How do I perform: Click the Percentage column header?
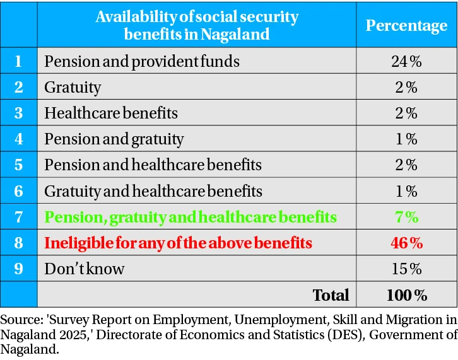click(x=406, y=25)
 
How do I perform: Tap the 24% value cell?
click(x=406, y=61)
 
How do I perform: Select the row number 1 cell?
click(x=18, y=61)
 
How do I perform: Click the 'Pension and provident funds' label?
click(x=142, y=61)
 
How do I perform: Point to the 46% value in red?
click(x=406, y=242)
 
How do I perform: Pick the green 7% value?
click(x=406, y=217)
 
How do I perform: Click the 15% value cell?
click(x=406, y=269)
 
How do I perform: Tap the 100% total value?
click(x=406, y=294)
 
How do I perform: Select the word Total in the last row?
click(x=331, y=294)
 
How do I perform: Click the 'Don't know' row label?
click(x=85, y=269)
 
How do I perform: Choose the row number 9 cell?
click(x=18, y=269)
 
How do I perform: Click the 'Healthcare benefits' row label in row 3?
click(x=111, y=113)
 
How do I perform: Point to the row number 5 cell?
click(x=18, y=165)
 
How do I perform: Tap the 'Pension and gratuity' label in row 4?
click(x=114, y=139)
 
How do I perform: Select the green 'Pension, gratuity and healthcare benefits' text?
click(x=190, y=217)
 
